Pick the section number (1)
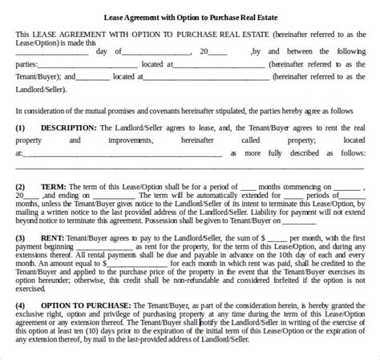pyautogui.click(x=20, y=127)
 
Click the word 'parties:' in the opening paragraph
pyautogui.click(x=29, y=64)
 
